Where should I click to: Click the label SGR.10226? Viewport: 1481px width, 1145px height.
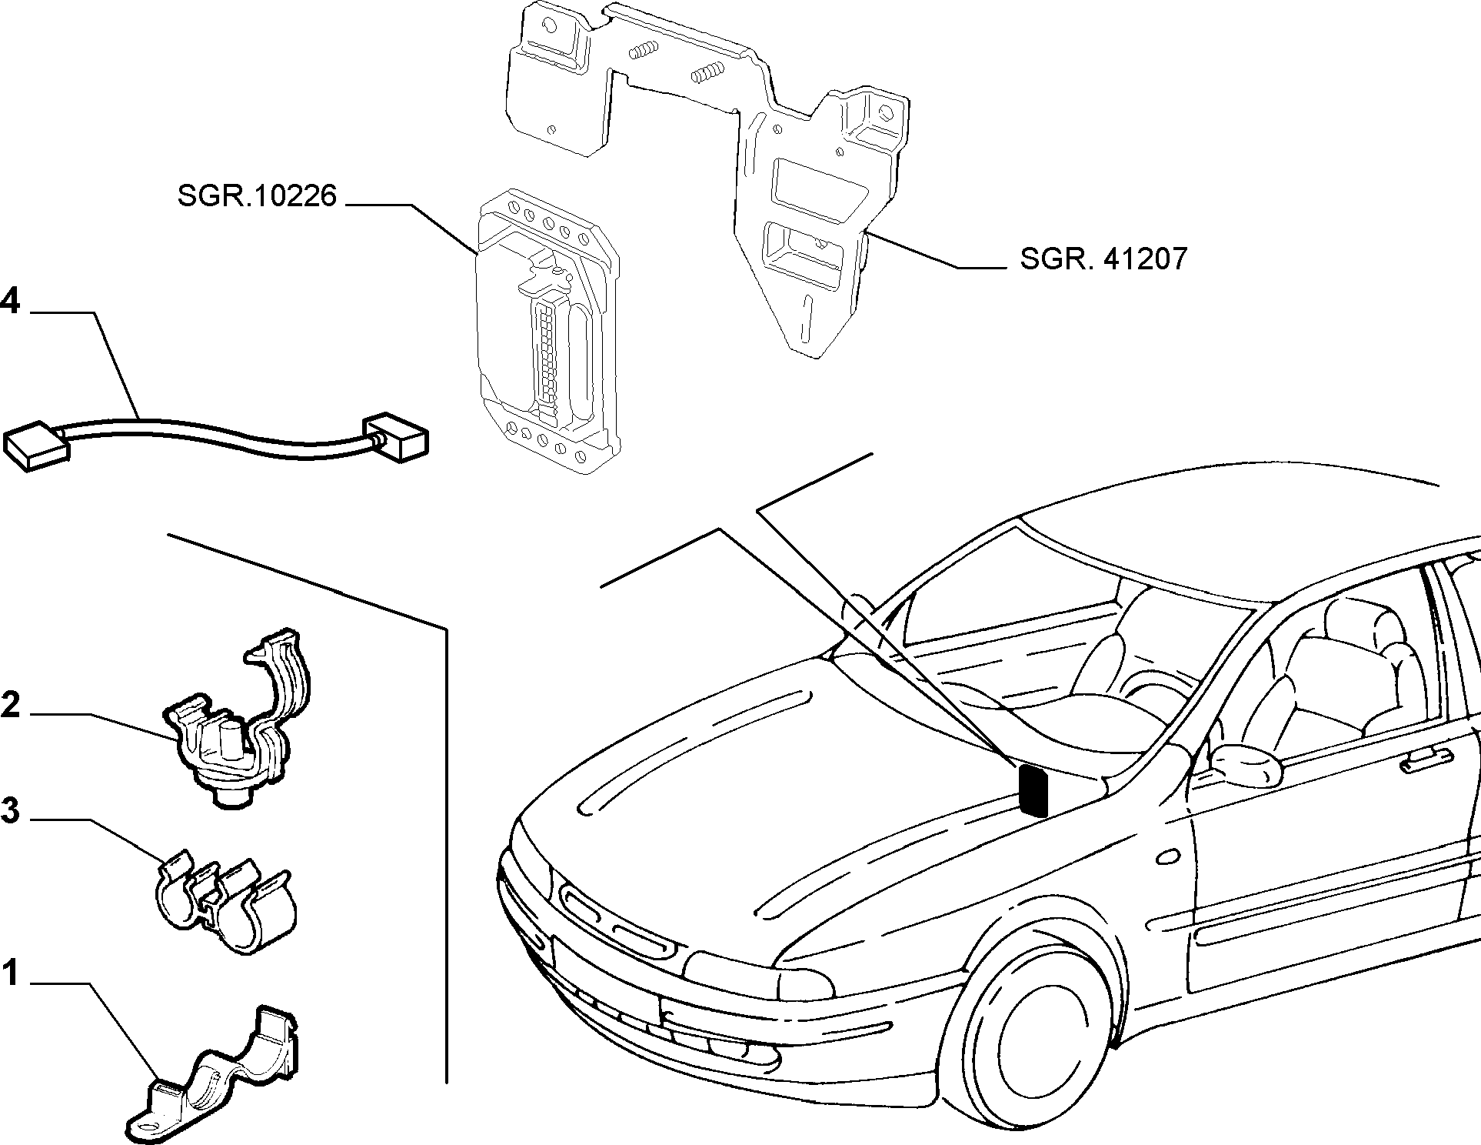[x=257, y=196]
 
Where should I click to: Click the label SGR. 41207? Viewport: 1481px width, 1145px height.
[x=1103, y=259]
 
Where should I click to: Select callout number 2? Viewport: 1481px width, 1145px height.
[x=10, y=705]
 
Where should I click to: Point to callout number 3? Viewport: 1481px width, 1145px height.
[x=10, y=810]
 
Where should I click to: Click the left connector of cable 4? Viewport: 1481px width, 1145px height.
[x=38, y=446]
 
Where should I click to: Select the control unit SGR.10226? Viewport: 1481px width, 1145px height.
[x=547, y=329]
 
